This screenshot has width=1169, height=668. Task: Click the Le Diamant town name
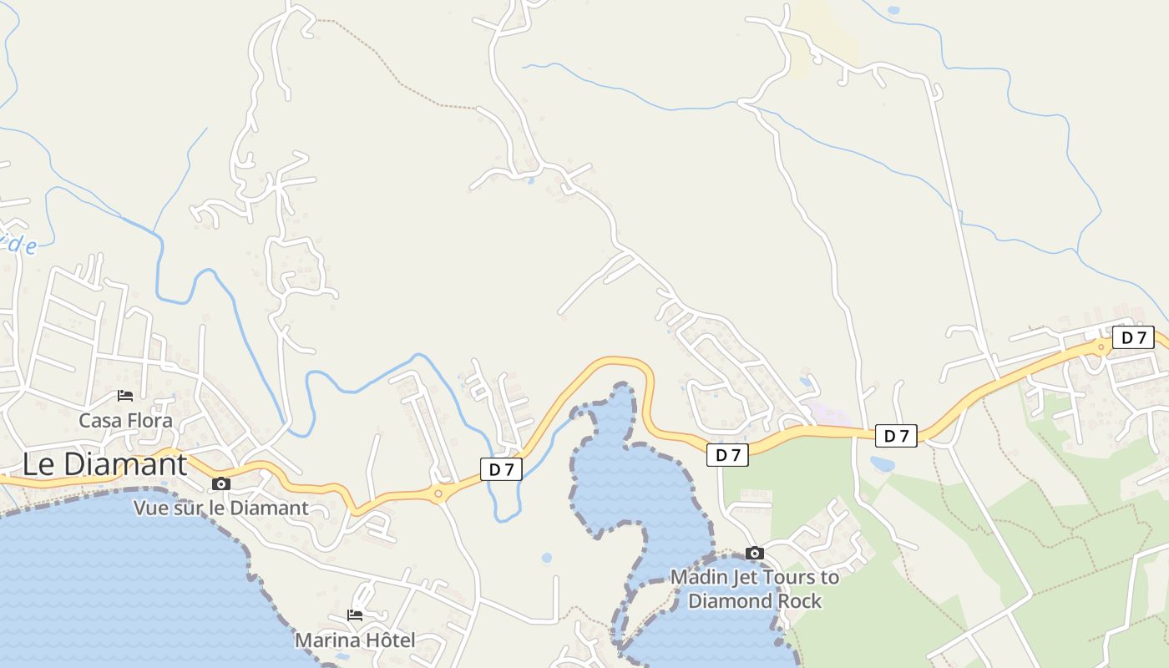click(x=104, y=464)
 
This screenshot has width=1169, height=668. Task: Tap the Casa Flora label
click(x=125, y=420)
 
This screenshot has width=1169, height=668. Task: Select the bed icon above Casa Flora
click(x=125, y=396)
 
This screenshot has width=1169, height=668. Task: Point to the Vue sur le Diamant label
click(x=221, y=508)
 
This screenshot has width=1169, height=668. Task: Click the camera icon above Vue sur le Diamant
click(x=221, y=483)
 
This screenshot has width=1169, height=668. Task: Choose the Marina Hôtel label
click(x=355, y=640)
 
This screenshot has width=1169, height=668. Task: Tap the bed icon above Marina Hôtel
click(x=355, y=615)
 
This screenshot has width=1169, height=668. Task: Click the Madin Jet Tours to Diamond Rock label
click(x=755, y=589)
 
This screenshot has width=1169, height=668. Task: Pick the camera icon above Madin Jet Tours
click(x=755, y=553)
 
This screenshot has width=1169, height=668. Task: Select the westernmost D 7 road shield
click(x=501, y=469)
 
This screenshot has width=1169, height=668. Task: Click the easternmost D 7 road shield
click(x=1133, y=337)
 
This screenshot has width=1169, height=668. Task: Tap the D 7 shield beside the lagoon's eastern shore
click(x=727, y=454)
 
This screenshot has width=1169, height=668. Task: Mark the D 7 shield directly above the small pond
click(x=896, y=435)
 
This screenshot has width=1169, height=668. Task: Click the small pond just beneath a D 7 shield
click(x=882, y=463)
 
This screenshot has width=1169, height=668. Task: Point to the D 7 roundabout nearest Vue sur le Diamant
click(x=438, y=493)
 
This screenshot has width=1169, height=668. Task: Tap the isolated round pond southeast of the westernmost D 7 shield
click(x=546, y=557)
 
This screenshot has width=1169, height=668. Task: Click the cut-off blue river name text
click(x=18, y=245)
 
